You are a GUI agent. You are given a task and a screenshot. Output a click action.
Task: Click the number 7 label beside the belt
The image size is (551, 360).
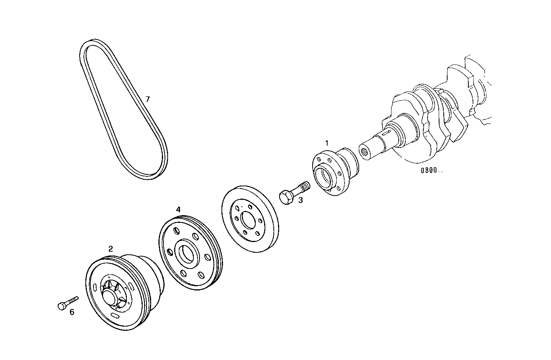tap(147, 99)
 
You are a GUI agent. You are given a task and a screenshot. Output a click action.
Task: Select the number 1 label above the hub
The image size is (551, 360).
tap(326, 143)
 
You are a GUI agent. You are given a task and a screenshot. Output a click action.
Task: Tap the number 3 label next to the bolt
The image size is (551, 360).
tap(301, 200)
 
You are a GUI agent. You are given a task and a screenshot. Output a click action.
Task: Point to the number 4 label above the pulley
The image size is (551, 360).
tap(178, 209)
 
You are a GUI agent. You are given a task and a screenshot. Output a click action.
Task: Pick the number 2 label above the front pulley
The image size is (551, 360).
tap(110, 249)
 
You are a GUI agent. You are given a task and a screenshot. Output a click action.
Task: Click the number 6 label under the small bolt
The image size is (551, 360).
tap(72, 312)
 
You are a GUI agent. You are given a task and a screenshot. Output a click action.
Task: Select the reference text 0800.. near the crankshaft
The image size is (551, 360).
tap(431, 171)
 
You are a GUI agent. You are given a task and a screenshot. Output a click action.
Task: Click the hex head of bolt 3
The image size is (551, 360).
tap(285, 198)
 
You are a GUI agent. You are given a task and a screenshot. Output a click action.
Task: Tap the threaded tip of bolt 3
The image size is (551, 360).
tap(305, 185)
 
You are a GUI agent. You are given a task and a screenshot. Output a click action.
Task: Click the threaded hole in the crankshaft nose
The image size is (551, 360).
tap(364, 153)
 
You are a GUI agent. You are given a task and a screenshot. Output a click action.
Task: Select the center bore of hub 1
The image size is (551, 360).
tap(324, 175)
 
